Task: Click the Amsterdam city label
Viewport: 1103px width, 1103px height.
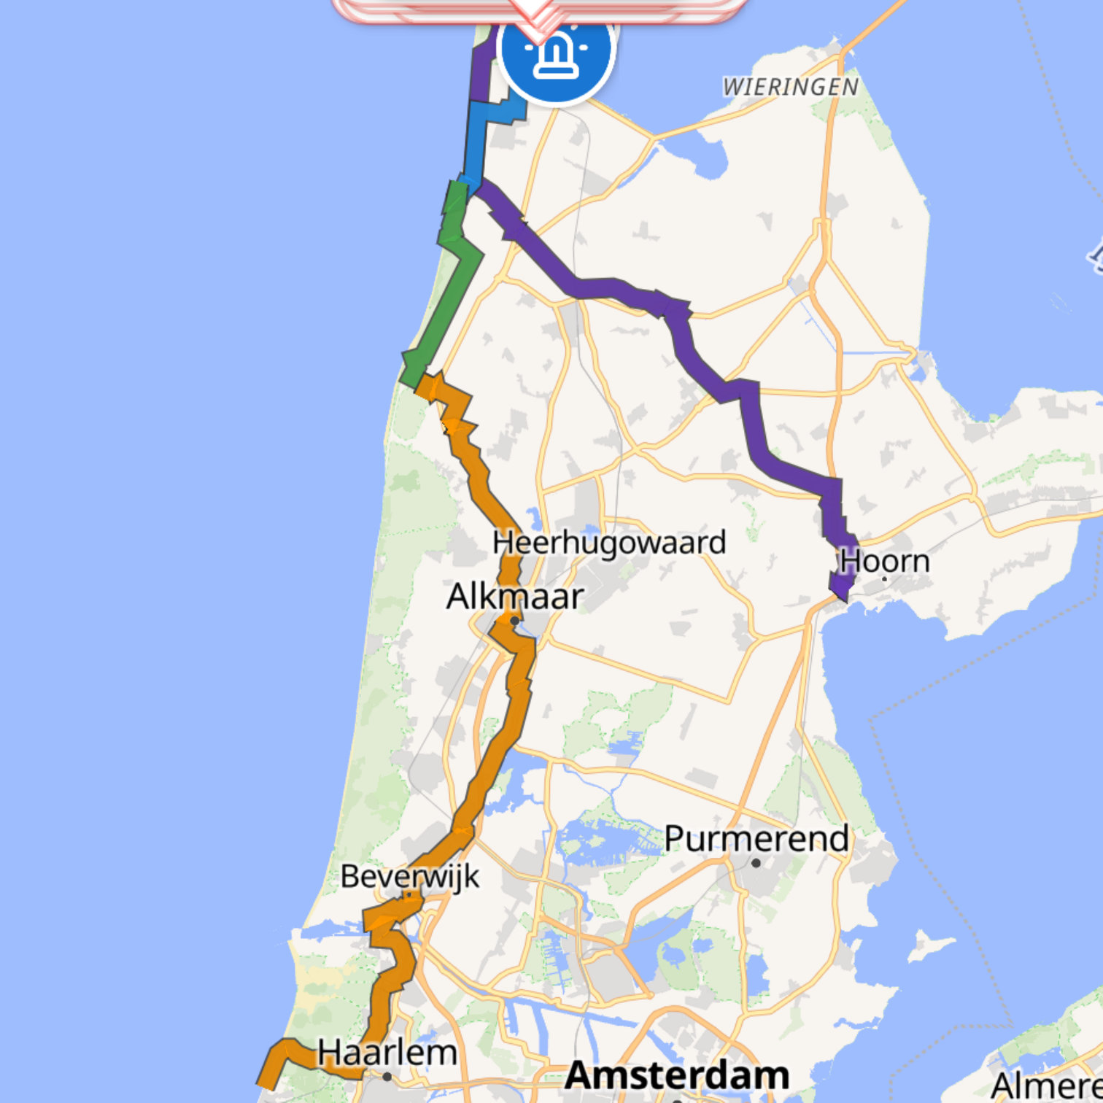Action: (x=677, y=1075)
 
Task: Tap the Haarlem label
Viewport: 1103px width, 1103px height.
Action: (x=387, y=1053)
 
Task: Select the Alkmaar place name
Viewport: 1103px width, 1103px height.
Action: (x=514, y=596)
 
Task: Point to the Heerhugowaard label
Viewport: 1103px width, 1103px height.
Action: (x=609, y=543)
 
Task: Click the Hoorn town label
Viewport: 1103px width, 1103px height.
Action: (x=884, y=561)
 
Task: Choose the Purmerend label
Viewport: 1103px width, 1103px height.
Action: (x=756, y=838)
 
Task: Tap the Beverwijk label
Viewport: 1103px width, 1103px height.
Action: (x=409, y=876)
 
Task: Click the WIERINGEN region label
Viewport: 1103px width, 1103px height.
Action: (x=790, y=88)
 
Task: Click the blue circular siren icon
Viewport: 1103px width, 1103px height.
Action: (x=557, y=50)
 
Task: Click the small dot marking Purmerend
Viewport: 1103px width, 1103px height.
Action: (x=756, y=863)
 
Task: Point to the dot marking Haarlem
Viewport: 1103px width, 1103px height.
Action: (x=387, y=1077)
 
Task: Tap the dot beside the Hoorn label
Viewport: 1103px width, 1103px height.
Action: (x=884, y=579)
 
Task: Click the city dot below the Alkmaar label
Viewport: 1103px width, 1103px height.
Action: (x=514, y=621)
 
